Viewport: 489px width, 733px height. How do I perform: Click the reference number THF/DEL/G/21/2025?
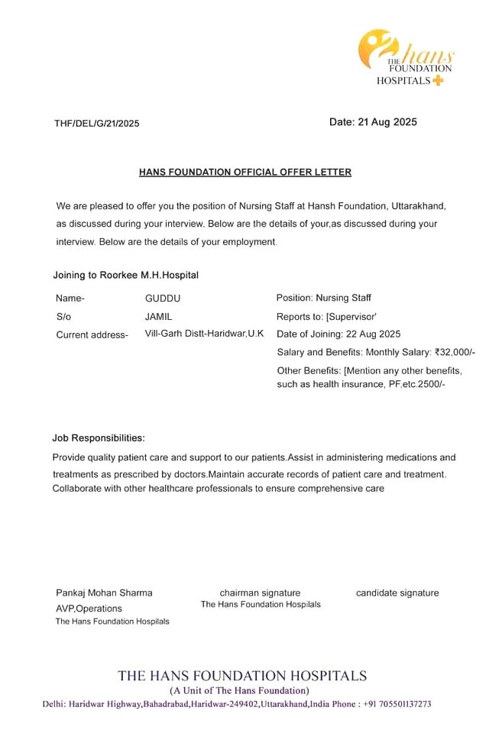tap(97, 124)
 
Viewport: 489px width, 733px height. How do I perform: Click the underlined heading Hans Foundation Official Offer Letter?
tap(245, 173)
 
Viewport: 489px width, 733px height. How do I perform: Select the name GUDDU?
tap(163, 298)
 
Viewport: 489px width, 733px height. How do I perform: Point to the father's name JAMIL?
tap(159, 315)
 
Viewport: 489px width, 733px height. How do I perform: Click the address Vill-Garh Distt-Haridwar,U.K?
tap(204, 334)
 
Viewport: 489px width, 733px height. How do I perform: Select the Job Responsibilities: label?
tap(99, 438)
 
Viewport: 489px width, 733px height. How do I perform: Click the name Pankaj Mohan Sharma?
tap(104, 593)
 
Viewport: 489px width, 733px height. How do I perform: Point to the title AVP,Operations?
tap(89, 609)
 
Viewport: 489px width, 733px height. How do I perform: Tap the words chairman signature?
tap(260, 593)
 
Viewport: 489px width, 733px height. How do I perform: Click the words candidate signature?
tap(397, 593)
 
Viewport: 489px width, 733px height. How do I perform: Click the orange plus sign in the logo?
tap(438, 81)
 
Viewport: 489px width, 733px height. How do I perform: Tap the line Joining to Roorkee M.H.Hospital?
tap(125, 275)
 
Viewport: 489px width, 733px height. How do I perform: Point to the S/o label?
tap(63, 316)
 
